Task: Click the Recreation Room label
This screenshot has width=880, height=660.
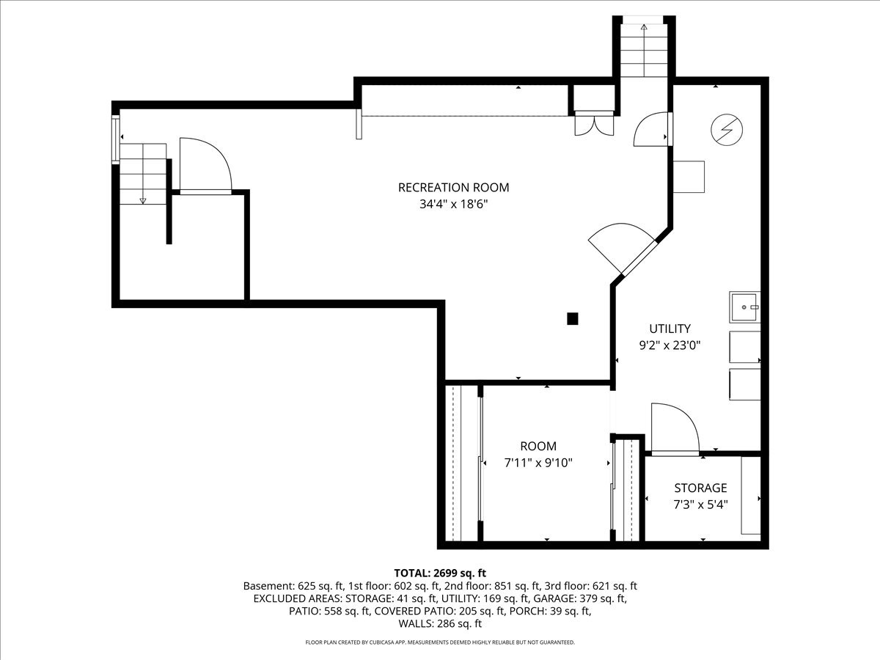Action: [x=453, y=187]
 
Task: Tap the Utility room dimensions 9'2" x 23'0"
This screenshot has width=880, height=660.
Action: [x=669, y=346]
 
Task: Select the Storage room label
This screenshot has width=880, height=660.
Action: [x=700, y=488]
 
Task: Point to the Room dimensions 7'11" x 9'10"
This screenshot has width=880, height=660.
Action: [x=538, y=463]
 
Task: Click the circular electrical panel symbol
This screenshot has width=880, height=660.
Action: [x=727, y=131]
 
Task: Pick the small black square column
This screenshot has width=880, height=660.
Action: [x=572, y=318]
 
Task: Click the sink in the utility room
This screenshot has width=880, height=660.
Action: [x=744, y=307]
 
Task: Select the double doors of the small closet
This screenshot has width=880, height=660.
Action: [x=593, y=124]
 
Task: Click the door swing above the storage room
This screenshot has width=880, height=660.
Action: [x=673, y=428]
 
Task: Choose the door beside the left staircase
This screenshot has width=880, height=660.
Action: [x=205, y=167]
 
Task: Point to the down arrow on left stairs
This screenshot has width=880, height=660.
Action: [x=143, y=199]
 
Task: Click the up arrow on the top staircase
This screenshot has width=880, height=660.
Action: [x=644, y=28]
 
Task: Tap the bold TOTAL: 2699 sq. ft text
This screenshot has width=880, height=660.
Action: [x=440, y=573]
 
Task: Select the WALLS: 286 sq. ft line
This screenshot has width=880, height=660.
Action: [x=440, y=624]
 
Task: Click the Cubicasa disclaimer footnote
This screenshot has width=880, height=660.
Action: [x=440, y=642]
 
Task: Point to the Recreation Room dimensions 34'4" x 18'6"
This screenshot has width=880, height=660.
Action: [x=453, y=205]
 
